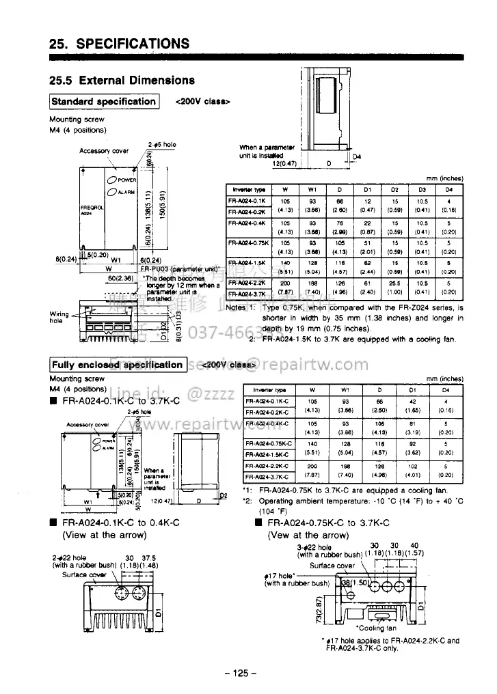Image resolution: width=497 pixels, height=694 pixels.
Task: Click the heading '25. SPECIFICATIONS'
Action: click(119, 44)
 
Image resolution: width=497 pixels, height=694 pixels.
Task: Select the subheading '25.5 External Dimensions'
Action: click(122, 80)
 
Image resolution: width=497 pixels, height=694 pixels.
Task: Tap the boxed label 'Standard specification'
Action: click(104, 102)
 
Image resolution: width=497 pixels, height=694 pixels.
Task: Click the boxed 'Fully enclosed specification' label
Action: click(118, 365)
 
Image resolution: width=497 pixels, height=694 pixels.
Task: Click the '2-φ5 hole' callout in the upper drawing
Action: click(162, 145)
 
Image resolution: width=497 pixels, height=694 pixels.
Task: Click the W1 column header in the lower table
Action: click(349, 391)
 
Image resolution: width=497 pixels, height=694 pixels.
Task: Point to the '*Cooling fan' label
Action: click(376, 627)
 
